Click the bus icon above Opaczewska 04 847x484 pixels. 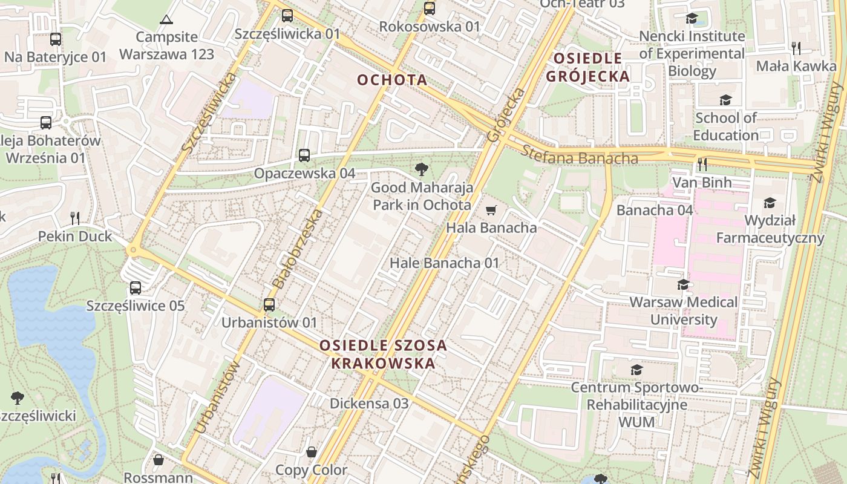[304, 155]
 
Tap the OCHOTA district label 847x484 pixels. [392, 80]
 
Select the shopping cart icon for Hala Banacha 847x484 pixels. [491, 211]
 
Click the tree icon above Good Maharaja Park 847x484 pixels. [422, 170]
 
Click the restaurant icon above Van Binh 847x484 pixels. [702, 164]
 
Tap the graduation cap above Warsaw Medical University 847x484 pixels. [684, 284]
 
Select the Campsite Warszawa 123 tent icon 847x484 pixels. [166, 19]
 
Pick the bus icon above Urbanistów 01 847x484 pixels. [269, 305]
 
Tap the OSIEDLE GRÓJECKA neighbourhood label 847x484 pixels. [587, 67]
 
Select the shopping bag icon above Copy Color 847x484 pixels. [312, 452]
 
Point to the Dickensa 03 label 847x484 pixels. [369, 403]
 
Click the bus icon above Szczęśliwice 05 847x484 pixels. [136, 288]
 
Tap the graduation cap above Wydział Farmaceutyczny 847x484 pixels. [770, 203]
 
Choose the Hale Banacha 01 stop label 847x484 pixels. [444, 263]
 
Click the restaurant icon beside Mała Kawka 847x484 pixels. [796, 48]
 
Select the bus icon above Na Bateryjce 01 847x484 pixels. [56, 39]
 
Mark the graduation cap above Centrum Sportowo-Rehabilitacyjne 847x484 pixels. [636, 369]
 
